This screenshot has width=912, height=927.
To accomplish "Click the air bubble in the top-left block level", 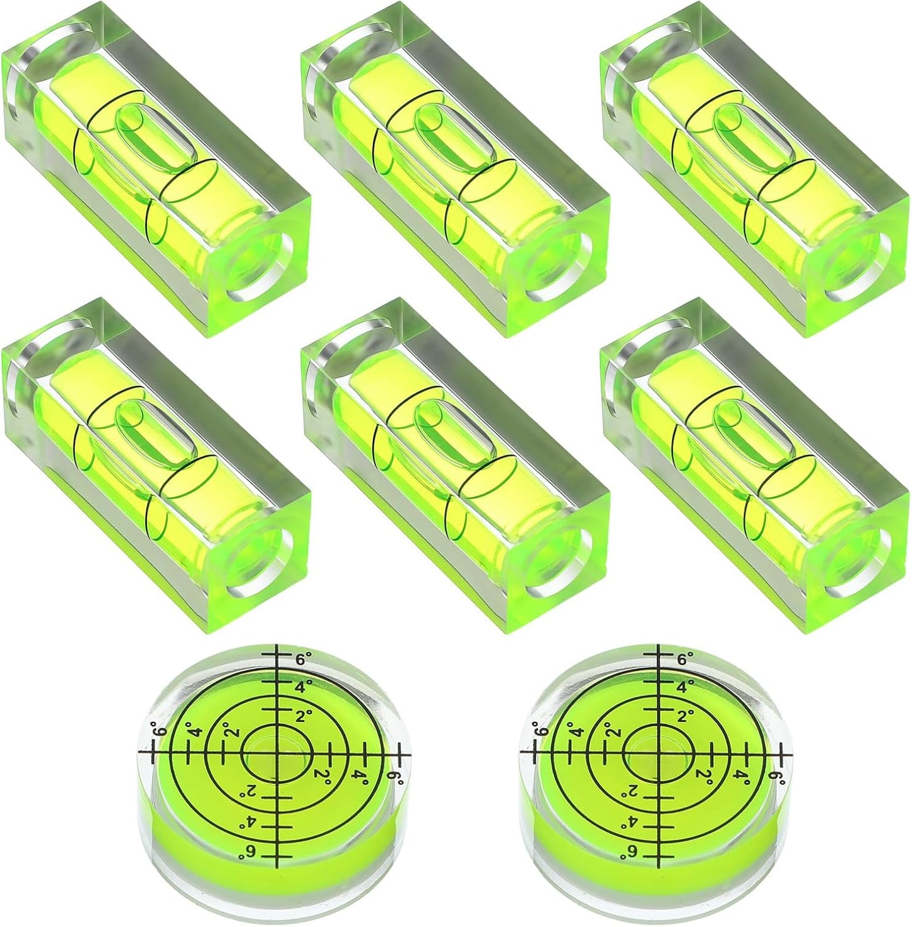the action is tap(155, 138).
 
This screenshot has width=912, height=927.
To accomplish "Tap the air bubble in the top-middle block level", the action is tap(455, 138).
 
